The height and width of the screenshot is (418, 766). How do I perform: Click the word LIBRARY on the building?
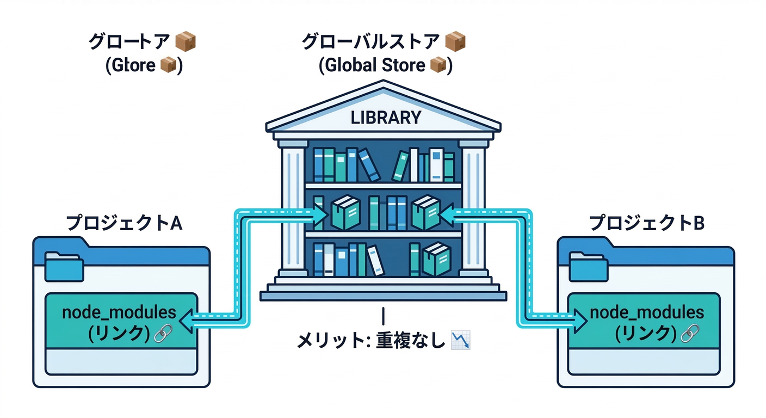tap(385, 118)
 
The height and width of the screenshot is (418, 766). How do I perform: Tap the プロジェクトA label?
tap(123, 223)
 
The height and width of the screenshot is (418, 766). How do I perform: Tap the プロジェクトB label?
tap(647, 223)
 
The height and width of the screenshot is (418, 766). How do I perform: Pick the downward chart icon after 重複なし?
tap(461, 341)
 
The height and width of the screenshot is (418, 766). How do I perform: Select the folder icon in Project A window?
tap(64, 266)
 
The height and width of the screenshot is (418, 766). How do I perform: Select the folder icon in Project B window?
tap(589, 266)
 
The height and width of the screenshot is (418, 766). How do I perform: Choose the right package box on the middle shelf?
tap(425, 213)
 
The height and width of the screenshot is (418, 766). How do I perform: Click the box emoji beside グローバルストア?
tap(455, 41)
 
